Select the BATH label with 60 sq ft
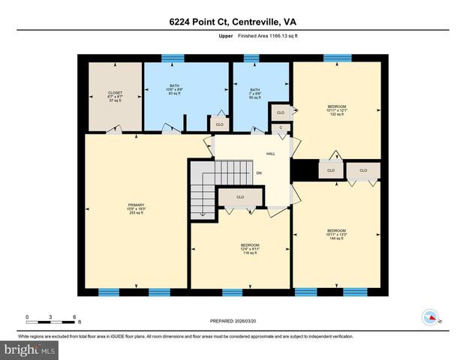174,90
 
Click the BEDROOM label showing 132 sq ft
336,110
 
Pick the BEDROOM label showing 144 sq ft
336,235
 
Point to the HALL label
270,154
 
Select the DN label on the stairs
258,174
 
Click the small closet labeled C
281,127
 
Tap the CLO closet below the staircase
240,197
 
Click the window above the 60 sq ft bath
174,57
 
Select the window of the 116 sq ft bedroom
233,292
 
